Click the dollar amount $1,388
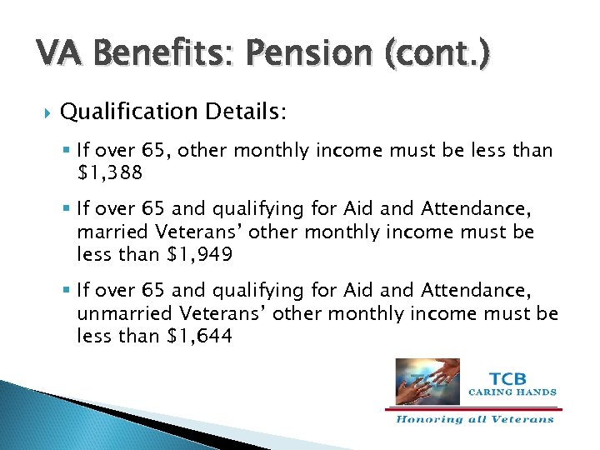109,172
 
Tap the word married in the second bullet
108,232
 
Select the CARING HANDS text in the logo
512,392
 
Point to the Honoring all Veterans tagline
474,419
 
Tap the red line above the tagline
473,409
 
